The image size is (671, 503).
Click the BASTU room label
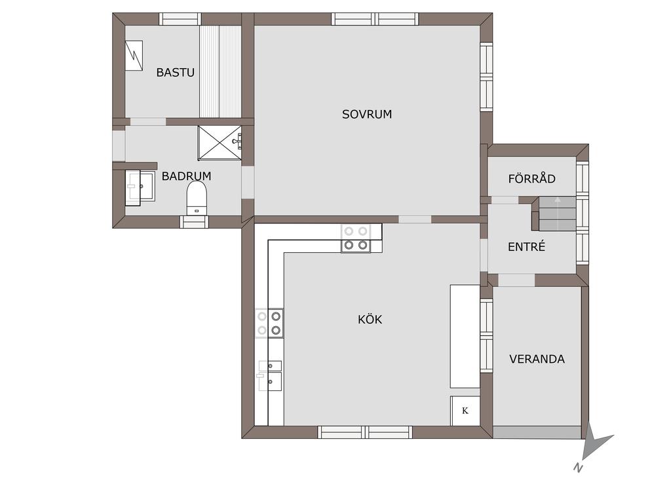click(175, 72)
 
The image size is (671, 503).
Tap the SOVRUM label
click(367, 114)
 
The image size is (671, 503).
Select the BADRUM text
click(186, 176)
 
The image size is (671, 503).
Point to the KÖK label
click(370, 319)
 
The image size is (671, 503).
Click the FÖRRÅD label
click(532, 178)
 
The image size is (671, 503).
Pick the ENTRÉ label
click(526, 246)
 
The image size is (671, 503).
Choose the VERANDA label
click(537, 359)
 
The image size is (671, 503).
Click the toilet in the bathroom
click(197, 198)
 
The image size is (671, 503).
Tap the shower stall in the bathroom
click(220, 143)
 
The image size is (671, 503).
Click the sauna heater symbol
click(134, 55)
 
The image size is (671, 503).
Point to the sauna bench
click(220, 71)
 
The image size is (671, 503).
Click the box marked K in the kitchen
click(465, 411)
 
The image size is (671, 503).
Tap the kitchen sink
click(270, 375)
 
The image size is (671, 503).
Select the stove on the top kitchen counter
click(356, 238)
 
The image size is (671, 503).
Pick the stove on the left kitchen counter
click(269, 323)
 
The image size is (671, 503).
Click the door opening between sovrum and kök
click(415, 219)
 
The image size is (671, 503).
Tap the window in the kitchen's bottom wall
click(364, 432)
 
